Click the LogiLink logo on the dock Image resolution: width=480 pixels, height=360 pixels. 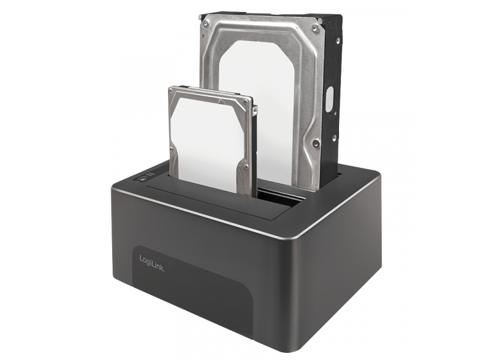[x=152, y=263]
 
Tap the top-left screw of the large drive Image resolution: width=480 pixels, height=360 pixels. [x=206, y=23]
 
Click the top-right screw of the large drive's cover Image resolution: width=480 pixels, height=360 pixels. [x=314, y=28]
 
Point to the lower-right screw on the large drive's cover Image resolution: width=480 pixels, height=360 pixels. [x=316, y=143]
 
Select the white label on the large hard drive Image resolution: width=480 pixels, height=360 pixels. [x=257, y=110]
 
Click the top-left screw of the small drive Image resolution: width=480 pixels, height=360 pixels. [x=173, y=92]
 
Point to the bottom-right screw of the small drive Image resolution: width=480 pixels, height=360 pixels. [x=247, y=167]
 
